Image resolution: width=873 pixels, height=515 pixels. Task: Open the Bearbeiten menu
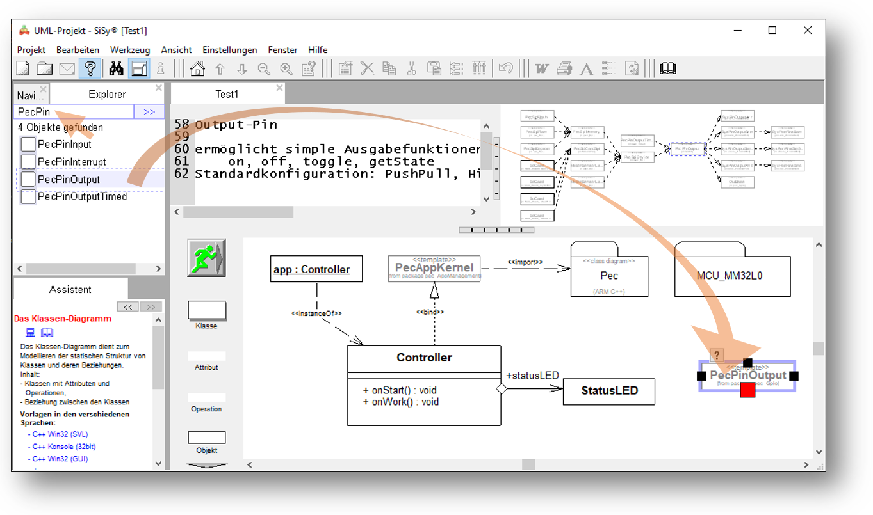(78, 50)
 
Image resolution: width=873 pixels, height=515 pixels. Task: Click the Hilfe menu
(318, 50)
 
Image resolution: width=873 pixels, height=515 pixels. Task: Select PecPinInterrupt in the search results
(72, 162)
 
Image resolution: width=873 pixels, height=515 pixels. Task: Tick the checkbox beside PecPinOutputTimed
(28, 196)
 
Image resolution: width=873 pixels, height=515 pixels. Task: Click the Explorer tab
(107, 95)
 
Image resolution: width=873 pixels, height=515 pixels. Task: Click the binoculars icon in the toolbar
(116, 68)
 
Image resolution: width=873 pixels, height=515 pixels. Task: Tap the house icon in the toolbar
(198, 68)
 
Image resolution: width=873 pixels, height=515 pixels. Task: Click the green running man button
(206, 257)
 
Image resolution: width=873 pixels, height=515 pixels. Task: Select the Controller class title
(424, 358)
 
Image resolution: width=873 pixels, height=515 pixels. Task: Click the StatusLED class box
(609, 391)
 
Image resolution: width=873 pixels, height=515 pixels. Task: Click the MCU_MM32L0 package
(729, 276)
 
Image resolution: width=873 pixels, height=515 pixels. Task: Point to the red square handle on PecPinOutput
(747, 390)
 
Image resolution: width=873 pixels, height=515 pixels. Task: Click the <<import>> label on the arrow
(525, 262)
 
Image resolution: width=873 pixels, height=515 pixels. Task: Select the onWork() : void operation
(401, 402)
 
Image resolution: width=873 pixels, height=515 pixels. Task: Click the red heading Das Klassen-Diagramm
(63, 319)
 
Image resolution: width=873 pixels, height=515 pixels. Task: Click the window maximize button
(772, 31)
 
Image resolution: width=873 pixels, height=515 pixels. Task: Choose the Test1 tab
(227, 94)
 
